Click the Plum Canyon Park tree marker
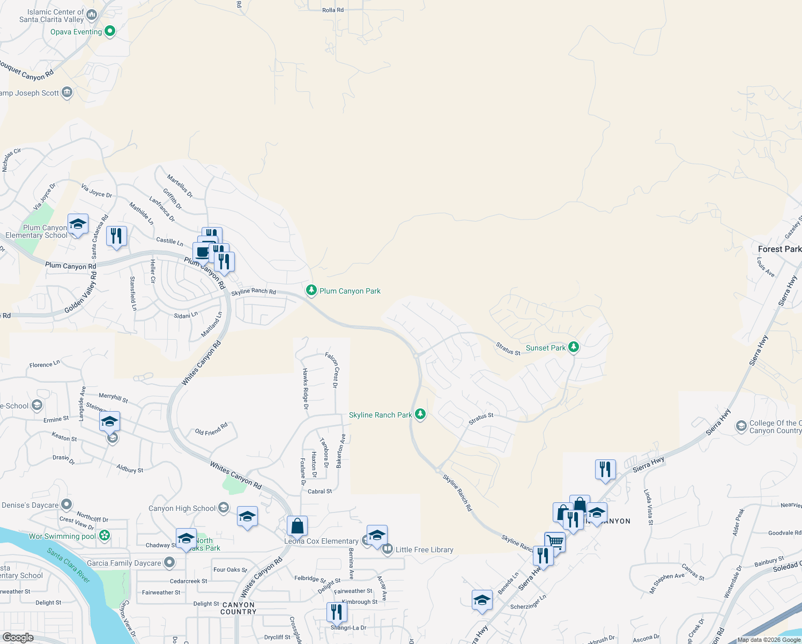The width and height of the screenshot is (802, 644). coord(311,290)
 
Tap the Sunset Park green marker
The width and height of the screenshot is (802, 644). coord(574,347)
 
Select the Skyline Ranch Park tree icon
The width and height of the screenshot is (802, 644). coord(420,414)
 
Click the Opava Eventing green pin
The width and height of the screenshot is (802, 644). coord(110,31)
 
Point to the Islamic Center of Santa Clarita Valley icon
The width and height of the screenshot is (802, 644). coord(92,15)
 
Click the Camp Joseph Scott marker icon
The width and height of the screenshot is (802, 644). coord(67,92)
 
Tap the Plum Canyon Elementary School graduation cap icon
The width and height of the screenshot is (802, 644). coord(78,224)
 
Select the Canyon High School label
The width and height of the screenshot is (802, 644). coord(182,508)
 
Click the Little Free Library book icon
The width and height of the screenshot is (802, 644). coord(387,549)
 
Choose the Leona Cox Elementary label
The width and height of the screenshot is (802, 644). coord(321,541)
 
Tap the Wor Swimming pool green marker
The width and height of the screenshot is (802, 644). coord(105,535)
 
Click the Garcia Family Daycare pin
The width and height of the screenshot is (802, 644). coord(169,562)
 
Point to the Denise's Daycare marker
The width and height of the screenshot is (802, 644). coord(66,504)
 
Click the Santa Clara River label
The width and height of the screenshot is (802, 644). coord(68,565)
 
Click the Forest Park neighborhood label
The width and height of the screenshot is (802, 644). coord(779,249)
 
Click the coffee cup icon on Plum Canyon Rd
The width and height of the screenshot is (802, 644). coord(202,251)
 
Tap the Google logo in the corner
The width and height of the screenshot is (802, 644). coord(18,638)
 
